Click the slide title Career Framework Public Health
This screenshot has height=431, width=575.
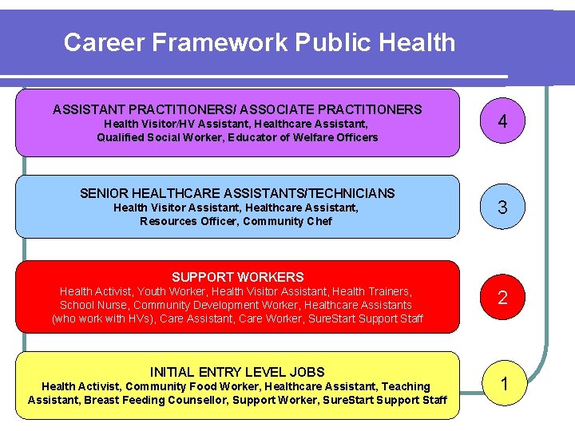point(259,42)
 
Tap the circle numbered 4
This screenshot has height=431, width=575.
point(502,122)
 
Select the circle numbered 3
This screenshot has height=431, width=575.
point(502,208)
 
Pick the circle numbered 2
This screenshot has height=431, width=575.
point(502,298)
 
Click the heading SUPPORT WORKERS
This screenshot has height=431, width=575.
point(237,277)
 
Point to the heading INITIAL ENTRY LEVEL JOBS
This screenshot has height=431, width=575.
point(237,372)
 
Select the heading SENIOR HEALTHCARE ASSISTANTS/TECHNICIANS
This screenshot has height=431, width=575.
point(237,193)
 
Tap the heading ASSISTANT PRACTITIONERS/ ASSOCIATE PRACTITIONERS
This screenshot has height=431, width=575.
point(237,109)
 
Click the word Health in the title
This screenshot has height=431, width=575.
point(416,42)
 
